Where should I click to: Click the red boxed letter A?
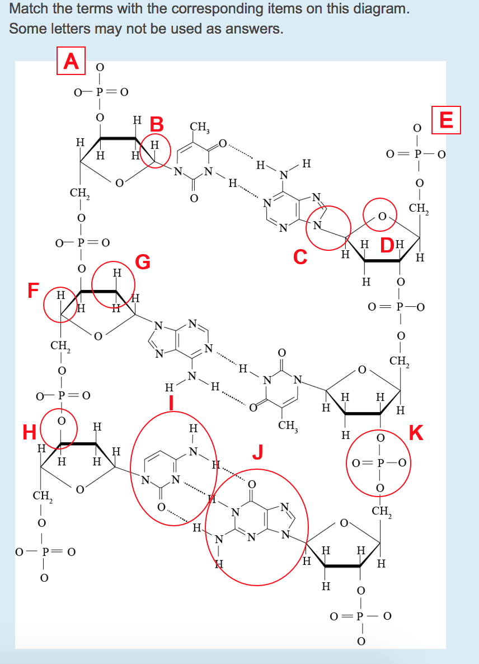coord(71,60)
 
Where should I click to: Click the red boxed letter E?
coord(446,120)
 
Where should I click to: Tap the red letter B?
coord(157,124)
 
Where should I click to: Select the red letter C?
coord(300,256)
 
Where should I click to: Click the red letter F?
coord(34,291)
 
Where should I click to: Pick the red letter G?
coord(143,261)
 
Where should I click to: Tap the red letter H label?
coord(30,432)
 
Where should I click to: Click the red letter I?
coord(171,403)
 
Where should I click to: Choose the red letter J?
coord(258,451)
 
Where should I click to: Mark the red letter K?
coord(416,433)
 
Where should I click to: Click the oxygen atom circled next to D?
coord(382,217)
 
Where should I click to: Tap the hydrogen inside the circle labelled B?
coord(155,145)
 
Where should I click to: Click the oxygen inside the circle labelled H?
coord(62,421)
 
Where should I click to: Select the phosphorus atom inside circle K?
coord(380,463)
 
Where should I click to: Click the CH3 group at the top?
coord(199,127)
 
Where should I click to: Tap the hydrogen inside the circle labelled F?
coord(61,294)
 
